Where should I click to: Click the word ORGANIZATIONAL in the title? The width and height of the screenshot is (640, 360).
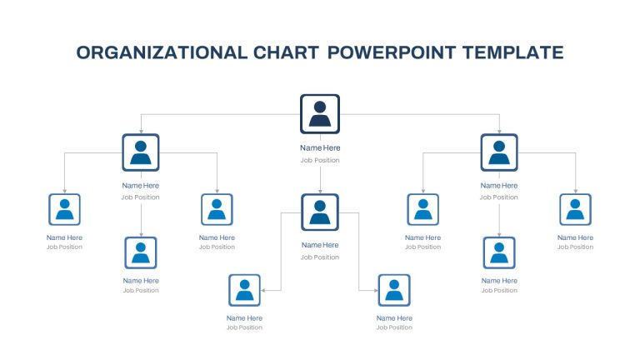(162, 52)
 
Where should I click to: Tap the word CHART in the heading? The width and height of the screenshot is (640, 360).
(286, 52)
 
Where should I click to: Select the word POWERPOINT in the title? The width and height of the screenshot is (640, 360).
(392, 52)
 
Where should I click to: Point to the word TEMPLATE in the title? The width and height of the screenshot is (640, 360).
(513, 52)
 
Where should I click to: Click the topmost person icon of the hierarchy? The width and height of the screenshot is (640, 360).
(320, 114)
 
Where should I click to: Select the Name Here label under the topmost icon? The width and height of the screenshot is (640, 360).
(320, 147)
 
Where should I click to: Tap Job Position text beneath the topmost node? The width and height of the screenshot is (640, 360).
(320, 160)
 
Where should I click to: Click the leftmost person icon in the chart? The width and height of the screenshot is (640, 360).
(64, 209)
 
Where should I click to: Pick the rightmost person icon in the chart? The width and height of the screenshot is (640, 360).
(576, 209)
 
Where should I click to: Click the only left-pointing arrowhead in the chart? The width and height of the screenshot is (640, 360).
(263, 291)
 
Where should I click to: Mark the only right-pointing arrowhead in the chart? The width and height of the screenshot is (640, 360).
(376, 291)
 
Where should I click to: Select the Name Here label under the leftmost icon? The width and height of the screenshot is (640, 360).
(64, 237)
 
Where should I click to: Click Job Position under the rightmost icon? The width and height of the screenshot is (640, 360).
(576, 247)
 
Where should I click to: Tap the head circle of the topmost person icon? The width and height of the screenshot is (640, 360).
(320, 107)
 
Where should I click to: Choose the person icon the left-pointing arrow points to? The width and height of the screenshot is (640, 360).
(244, 290)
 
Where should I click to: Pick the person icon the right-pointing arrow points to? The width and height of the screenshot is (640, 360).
(394, 290)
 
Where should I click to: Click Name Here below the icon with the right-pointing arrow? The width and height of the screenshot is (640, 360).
(394, 318)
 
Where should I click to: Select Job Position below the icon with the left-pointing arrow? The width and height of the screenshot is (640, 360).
(244, 327)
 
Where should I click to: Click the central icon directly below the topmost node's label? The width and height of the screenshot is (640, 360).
(320, 212)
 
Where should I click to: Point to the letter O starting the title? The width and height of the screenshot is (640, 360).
(83, 52)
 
